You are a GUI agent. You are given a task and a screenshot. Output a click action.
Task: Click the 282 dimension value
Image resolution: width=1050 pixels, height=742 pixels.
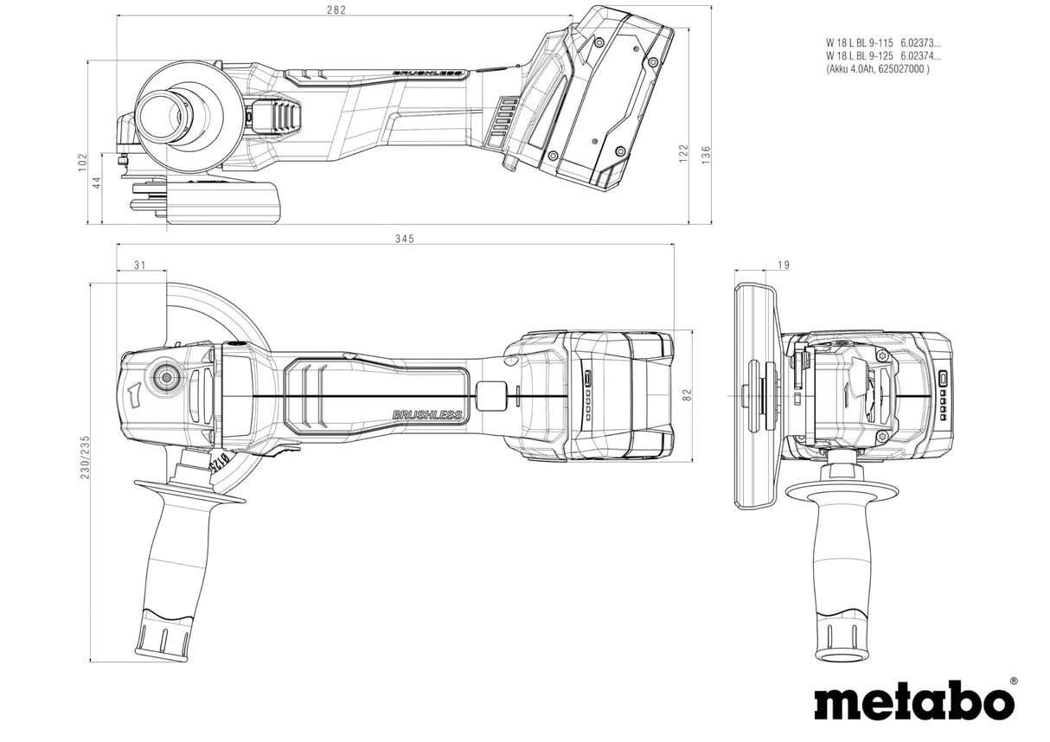click(336, 10)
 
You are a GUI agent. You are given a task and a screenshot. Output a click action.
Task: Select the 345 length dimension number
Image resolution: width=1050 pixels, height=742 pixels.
click(405, 239)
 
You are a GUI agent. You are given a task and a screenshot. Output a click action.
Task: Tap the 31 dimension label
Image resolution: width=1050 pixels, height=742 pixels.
click(140, 265)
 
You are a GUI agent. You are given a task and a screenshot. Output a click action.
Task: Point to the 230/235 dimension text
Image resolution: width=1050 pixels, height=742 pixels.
click(85, 457)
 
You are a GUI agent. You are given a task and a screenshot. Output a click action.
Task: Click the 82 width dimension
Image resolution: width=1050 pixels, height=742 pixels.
click(688, 394)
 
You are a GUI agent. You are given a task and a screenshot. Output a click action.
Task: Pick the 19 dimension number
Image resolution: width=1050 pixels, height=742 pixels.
click(784, 265)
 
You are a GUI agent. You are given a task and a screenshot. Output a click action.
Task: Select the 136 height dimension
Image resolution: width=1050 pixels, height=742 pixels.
click(706, 155)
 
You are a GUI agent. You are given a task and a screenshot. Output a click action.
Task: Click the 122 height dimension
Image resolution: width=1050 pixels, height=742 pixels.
click(683, 153)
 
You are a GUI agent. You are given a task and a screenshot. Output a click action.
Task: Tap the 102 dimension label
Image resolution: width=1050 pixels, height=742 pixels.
click(82, 163)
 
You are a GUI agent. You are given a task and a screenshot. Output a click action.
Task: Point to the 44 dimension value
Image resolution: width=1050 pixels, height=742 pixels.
click(97, 182)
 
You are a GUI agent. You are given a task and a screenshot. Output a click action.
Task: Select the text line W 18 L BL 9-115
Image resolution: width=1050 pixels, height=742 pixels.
click(861, 42)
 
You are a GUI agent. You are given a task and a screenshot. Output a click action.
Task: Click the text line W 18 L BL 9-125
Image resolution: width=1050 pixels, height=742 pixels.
click(861, 55)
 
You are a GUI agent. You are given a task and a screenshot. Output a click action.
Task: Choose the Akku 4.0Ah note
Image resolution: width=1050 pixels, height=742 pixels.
click(878, 69)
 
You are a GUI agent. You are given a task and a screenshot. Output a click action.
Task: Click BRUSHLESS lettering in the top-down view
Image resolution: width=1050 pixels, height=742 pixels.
click(427, 415)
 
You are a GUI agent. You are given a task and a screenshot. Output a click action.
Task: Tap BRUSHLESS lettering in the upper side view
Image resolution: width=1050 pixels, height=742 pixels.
click(427, 74)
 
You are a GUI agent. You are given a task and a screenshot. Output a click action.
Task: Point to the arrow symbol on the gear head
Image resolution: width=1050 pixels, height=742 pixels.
click(134, 396)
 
